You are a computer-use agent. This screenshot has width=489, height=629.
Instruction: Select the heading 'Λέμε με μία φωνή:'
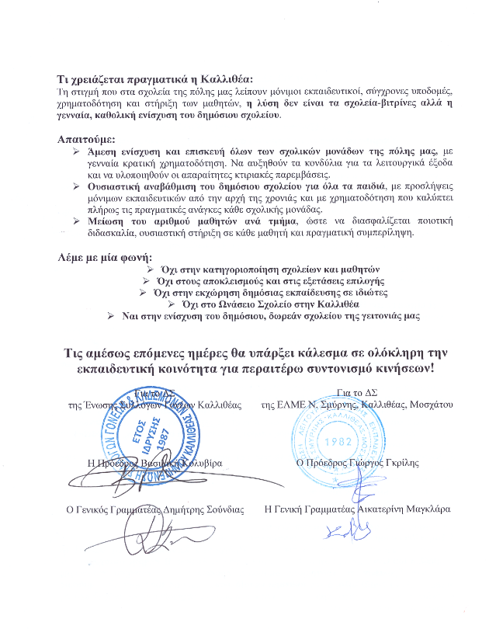[105, 257]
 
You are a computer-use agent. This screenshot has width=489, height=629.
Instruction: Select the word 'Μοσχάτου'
[441, 405]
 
